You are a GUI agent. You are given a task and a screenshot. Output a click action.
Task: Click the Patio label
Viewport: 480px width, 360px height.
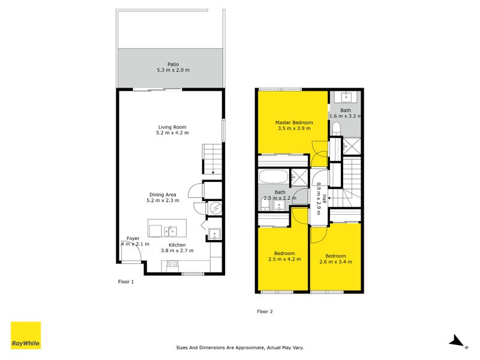173,64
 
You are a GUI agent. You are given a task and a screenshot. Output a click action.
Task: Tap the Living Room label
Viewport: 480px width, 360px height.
173,127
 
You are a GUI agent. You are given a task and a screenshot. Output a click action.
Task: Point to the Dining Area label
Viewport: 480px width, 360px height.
163,194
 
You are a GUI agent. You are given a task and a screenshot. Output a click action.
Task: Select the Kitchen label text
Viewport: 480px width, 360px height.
177,245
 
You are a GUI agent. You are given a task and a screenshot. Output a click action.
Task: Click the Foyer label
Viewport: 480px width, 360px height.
133,238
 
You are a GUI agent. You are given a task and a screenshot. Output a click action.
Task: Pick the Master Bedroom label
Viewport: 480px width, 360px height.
293,122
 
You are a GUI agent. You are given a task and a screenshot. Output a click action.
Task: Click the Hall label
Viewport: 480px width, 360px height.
325,199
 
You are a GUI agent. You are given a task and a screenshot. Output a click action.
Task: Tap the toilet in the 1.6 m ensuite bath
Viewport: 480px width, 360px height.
337,128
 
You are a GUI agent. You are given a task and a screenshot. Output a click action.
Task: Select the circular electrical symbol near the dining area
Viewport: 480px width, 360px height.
215,208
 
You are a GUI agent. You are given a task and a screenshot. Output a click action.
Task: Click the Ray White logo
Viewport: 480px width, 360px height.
26,336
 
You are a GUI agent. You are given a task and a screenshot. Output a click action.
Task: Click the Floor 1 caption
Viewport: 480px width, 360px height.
125,281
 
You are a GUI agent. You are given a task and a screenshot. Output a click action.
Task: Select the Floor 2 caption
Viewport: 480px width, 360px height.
265,311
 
